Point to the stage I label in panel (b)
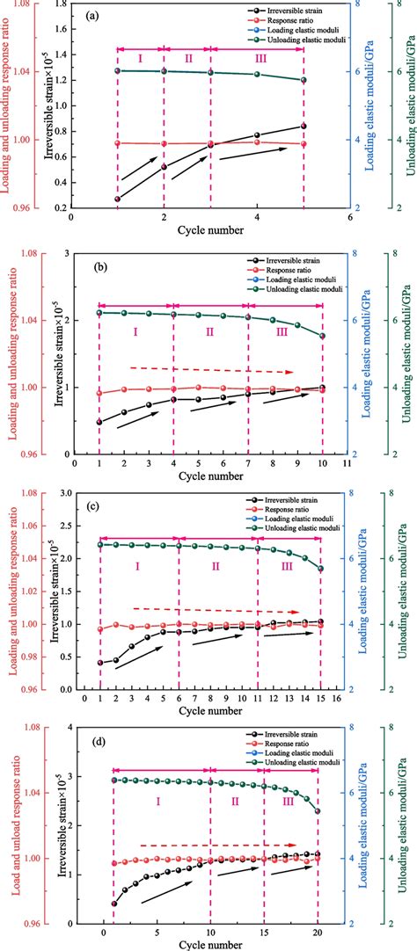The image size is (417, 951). [135, 332]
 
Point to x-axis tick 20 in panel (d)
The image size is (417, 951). [317, 931]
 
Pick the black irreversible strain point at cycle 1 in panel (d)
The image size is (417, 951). [113, 904]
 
